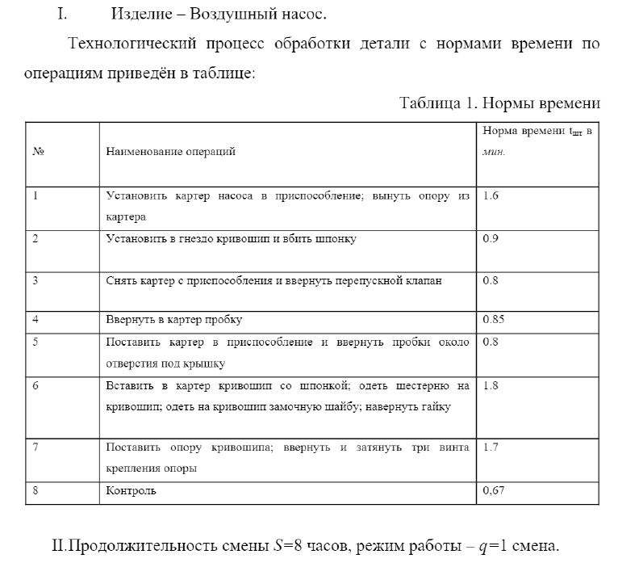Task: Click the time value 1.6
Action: [491, 196]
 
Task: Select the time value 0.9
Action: [491, 238]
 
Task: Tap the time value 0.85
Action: [493, 320]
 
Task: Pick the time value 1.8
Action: [491, 385]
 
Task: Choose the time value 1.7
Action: [491, 446]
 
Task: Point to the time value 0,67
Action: [494, 489]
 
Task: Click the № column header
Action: [37, 151]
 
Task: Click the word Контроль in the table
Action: [132, 490]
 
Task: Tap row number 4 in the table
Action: [35, 320]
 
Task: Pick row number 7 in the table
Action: [35, 446]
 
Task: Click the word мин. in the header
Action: [493, 151]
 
